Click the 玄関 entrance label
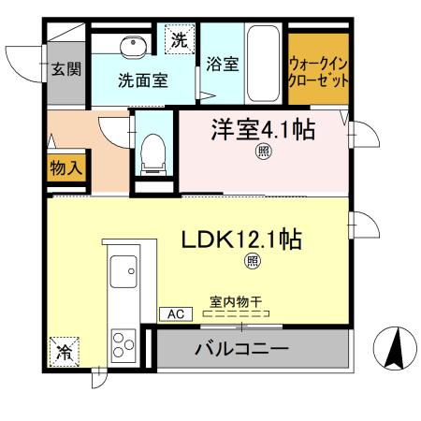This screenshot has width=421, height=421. tap(65, 68)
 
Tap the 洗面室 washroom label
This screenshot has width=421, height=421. tap(143, 80)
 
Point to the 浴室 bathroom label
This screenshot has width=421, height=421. tap(222, 65)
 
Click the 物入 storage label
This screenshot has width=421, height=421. tap(65, 169)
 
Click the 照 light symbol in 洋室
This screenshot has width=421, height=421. tap(264, 152)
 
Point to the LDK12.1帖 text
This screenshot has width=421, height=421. tap(240, 240)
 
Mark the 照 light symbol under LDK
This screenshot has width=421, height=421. tap(253, 263)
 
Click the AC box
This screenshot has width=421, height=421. tap(174, 314)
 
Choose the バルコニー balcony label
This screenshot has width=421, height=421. tap(240, 351)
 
